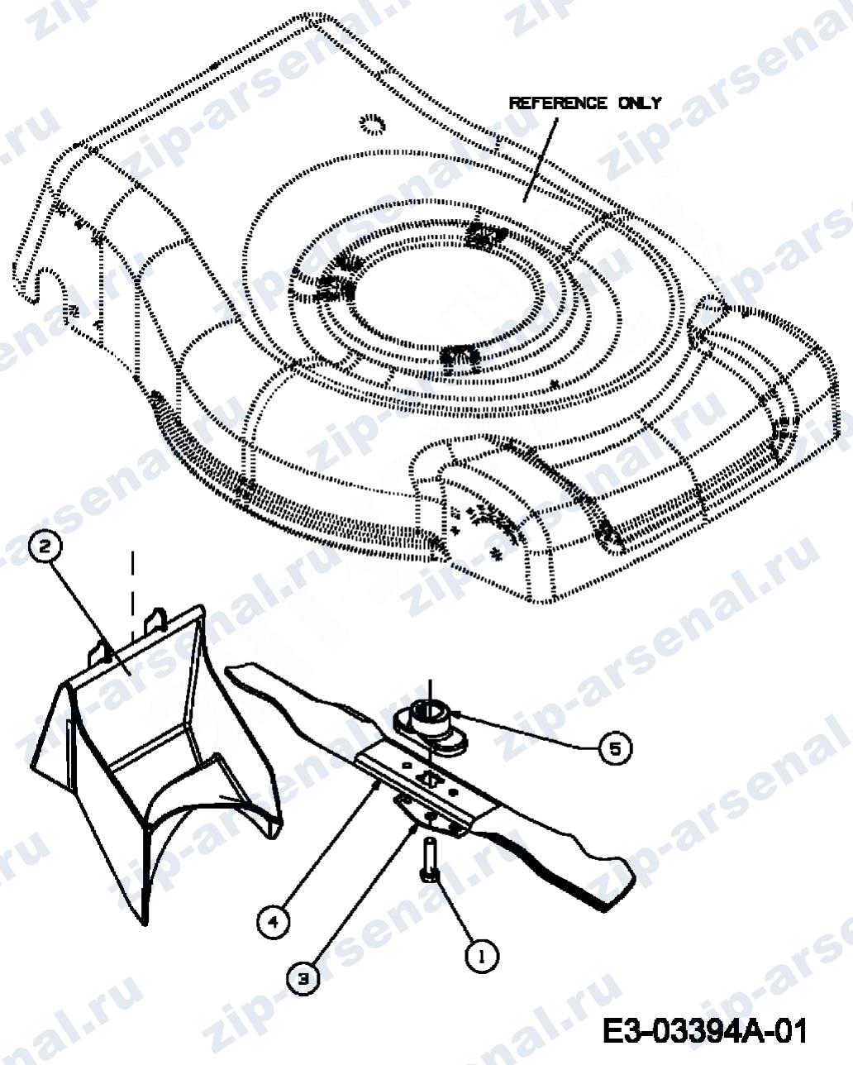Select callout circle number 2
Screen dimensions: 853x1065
[45, 547]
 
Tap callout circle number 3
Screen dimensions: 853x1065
[303, 978]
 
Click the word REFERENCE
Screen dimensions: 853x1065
[558, 103]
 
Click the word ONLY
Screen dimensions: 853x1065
[640, 103]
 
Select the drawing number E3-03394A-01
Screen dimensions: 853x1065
[704, 1030]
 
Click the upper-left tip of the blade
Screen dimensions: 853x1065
[229, 669]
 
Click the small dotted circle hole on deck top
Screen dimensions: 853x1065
[372, 124]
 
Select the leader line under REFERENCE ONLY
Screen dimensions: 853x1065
[540, 160]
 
